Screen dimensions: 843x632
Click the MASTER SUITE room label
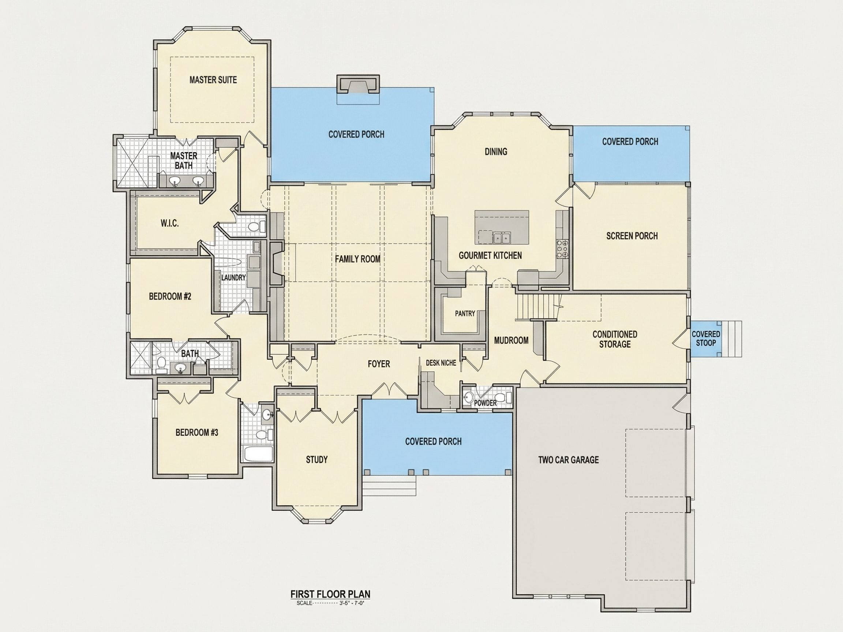(213, 80)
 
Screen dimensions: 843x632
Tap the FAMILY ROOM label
(357, 259)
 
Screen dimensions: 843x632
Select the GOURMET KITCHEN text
(490, 255)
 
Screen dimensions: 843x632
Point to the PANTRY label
(465, 313)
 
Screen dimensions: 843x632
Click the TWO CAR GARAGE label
(568, 460)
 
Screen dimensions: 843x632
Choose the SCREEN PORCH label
(632, 236)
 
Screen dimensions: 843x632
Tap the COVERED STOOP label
(706, 338)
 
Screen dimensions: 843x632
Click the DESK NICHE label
(441, 363)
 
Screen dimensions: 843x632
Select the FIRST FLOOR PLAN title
(330, 594)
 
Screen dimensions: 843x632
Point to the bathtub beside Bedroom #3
(258, 454)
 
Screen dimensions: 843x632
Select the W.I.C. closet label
(170, 223)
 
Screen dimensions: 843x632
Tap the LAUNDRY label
(233, 278)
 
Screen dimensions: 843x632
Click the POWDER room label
(485, 403)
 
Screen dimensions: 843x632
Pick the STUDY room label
(317, 459)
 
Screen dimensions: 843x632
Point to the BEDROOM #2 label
(170, 296)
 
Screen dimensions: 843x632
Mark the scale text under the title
(330, 603)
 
